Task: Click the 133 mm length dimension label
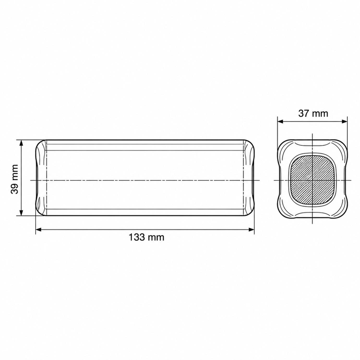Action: pos(146,237)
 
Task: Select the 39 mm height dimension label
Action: pos(15,179)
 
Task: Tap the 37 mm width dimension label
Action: pos(313,114)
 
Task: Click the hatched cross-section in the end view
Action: pos(312,180)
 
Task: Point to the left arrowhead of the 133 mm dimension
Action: pos(38,229)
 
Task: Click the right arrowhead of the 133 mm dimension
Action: pos(252,229)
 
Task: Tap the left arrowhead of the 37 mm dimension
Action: pos(280,122)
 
